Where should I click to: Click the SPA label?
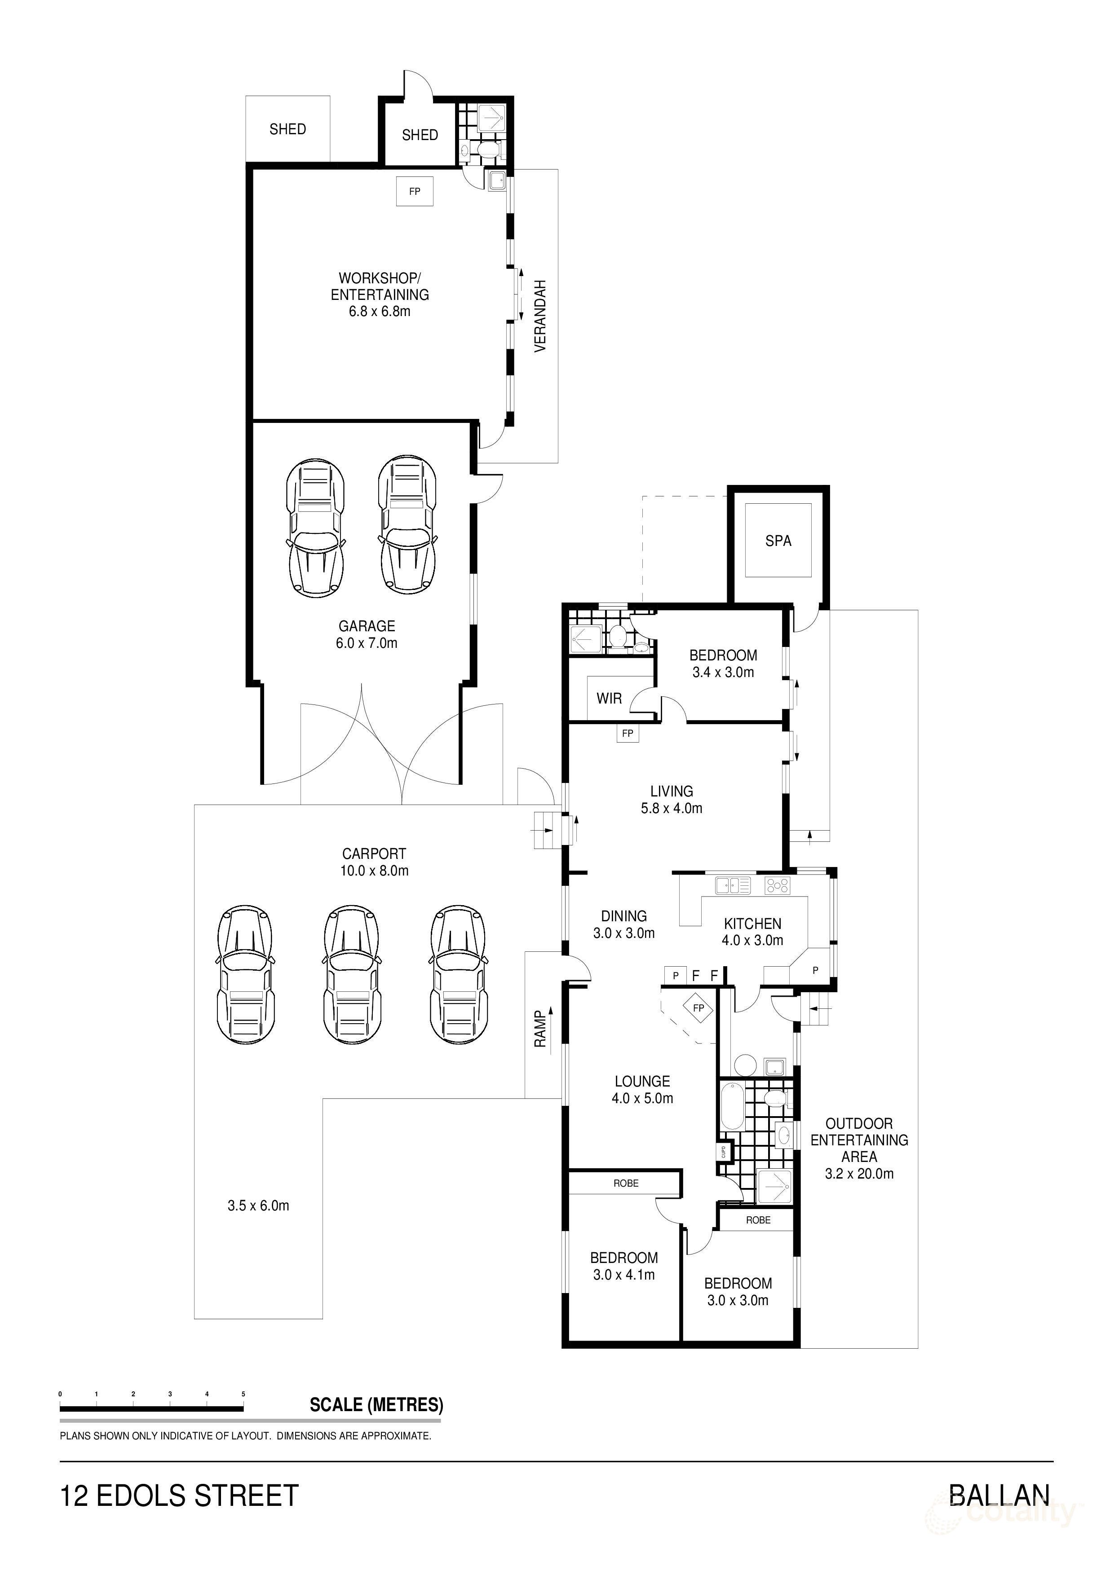tap(778, 541)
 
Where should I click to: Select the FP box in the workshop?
tap(415, 191)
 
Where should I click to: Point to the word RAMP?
tap(540, 1029)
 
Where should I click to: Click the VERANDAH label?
tap(540, 316)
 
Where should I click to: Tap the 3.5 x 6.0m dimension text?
tap(258, 1206)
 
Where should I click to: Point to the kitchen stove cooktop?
tap(778, 885)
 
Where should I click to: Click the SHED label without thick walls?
tap(287, 129)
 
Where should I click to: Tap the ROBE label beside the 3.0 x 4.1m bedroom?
tap(626, 1183)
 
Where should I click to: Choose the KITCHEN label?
tap(752, 924)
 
